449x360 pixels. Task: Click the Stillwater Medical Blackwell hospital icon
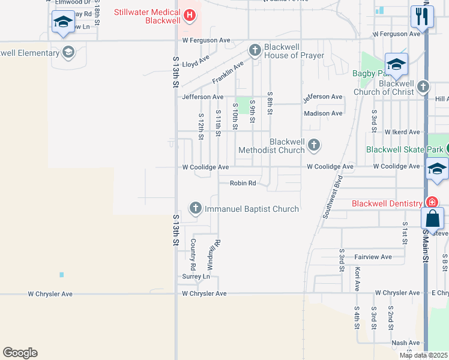190,15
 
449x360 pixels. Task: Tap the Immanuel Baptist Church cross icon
195,208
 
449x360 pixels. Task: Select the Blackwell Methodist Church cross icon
313,145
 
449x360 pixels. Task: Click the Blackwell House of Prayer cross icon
255,50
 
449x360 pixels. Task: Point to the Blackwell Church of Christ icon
423,86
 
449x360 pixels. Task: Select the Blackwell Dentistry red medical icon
430,203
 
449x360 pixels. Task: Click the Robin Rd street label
243,184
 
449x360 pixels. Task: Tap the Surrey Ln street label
196,277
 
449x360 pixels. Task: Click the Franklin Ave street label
229,73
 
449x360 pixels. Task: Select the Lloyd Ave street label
196,62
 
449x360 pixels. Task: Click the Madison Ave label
323,113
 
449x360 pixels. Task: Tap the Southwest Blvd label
333,196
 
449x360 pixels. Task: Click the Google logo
20,353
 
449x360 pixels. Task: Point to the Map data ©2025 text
423,355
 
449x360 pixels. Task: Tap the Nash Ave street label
405,343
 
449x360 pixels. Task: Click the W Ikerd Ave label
402,131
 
